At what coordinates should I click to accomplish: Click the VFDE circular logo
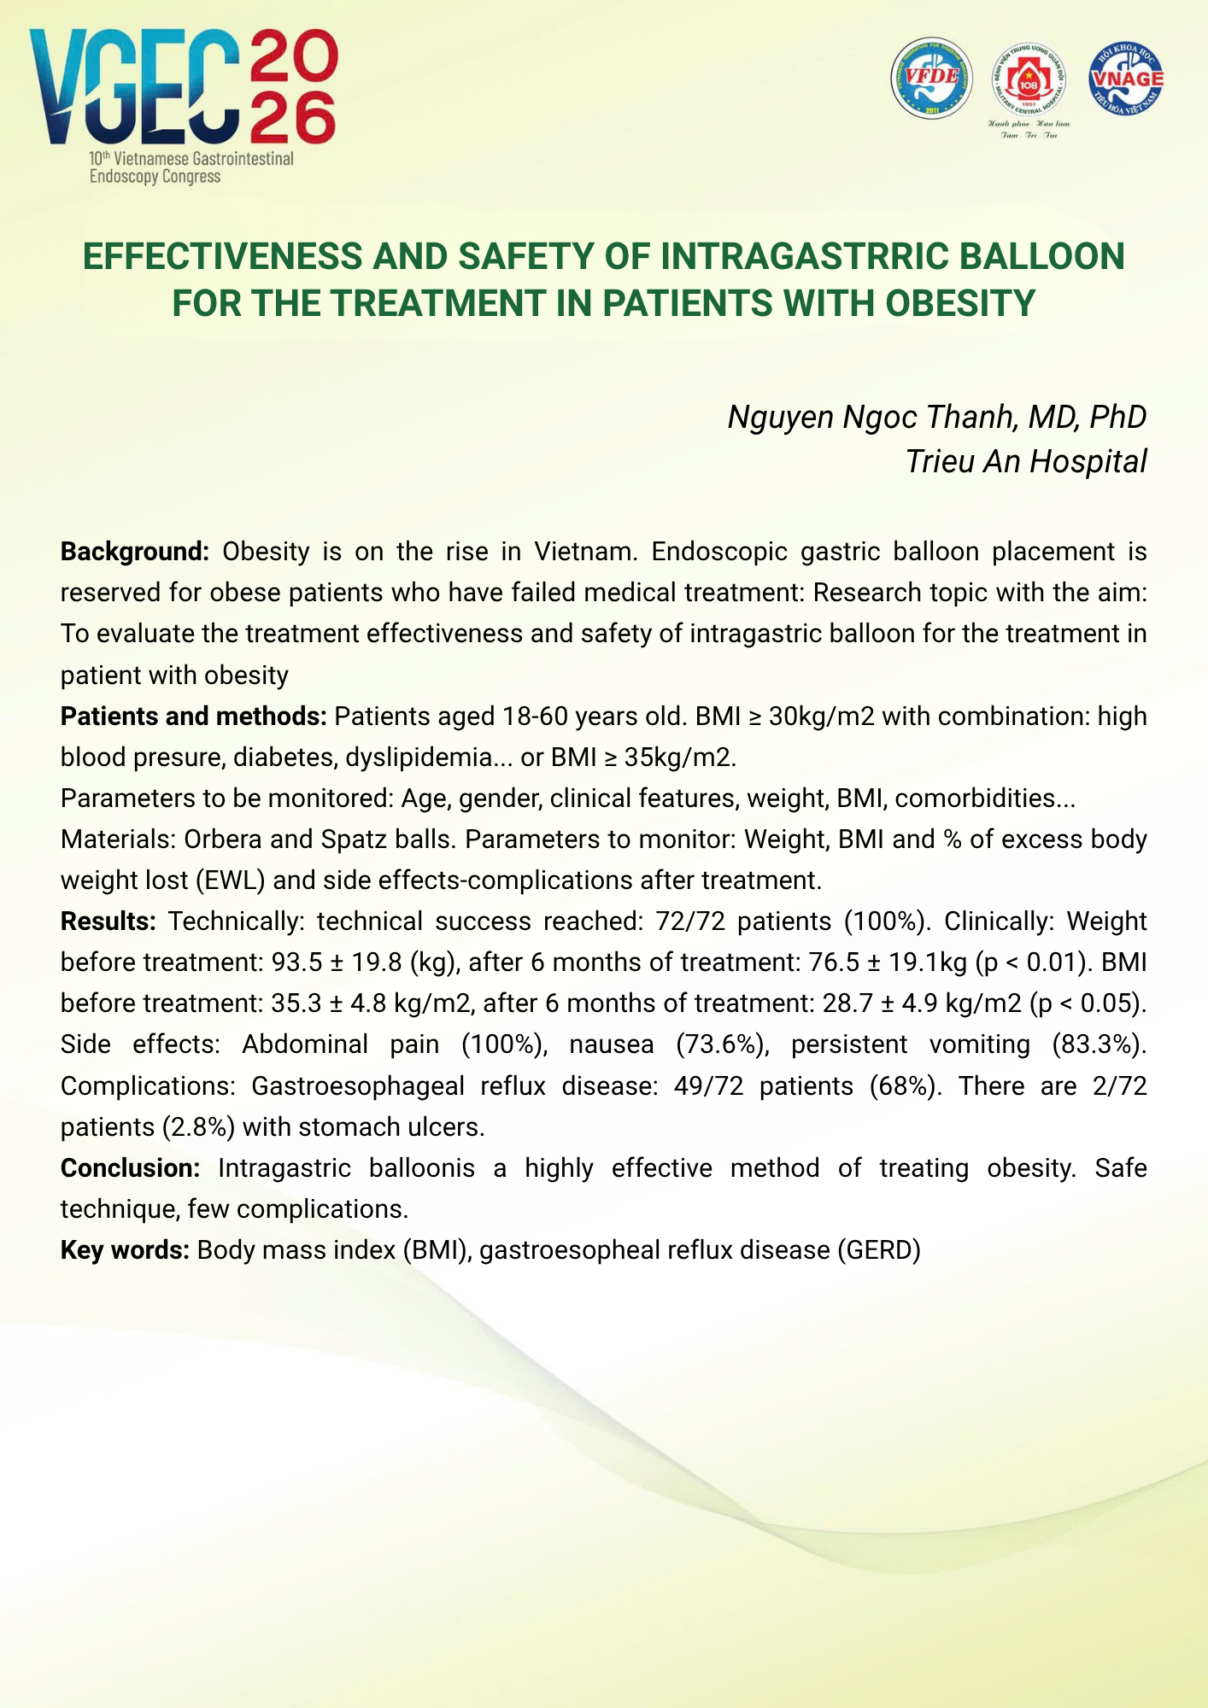point(932,78)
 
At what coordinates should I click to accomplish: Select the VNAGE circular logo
point(1126,78)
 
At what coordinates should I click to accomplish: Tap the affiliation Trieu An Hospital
point(1025,461)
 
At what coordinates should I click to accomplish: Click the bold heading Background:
point(134,552)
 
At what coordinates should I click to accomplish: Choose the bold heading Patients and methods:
point(193,716)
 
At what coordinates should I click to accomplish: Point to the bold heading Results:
point(108,921)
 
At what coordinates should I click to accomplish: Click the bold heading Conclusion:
point(130,1167)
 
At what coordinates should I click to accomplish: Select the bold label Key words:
point(125,1250)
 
